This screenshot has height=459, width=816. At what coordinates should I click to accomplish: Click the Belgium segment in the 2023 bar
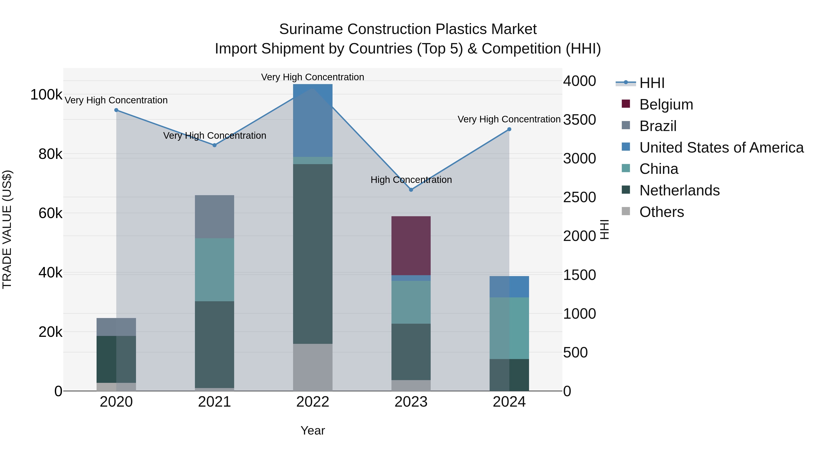pyautogui.click(x=411, y=245)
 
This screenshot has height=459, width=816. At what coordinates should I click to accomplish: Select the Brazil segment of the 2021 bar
pyautogui.click(x=214, y=216)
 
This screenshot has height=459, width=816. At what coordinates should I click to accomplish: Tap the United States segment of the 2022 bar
pyautogui.click(x=313, y=120)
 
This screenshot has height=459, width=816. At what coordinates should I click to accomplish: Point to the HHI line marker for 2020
pyautogui.click(x=116, y=110)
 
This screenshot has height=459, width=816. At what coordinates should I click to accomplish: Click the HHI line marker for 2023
pyautogui.click(x=411, y=190)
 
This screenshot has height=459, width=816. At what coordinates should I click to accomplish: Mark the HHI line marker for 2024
pyautogui.click(x=509, y=129)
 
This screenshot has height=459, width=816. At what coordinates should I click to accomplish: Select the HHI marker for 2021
pyautogui.click(x=214, y=145)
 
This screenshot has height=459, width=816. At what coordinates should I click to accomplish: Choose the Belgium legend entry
pyautogui.click(x=666, y=104)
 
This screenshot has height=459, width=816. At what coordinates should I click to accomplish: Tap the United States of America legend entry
pyautogui.click(x=721, y=148)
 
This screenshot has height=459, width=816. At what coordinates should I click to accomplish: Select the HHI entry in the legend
pyautogui.click(x=652, y=83)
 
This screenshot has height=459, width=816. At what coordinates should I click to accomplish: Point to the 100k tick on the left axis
pyautogui.click(x=46, y=95)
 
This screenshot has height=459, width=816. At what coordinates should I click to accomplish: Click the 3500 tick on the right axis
pyautogui.click(x=579, y=120)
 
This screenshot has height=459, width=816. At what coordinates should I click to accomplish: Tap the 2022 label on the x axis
pyautogui.click(x=313, y=402)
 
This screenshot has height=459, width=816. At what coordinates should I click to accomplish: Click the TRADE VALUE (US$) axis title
pyautogui.click(x=7, y=229)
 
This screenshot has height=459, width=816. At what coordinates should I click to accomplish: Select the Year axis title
pyautogui.click(x=313, y=430)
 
